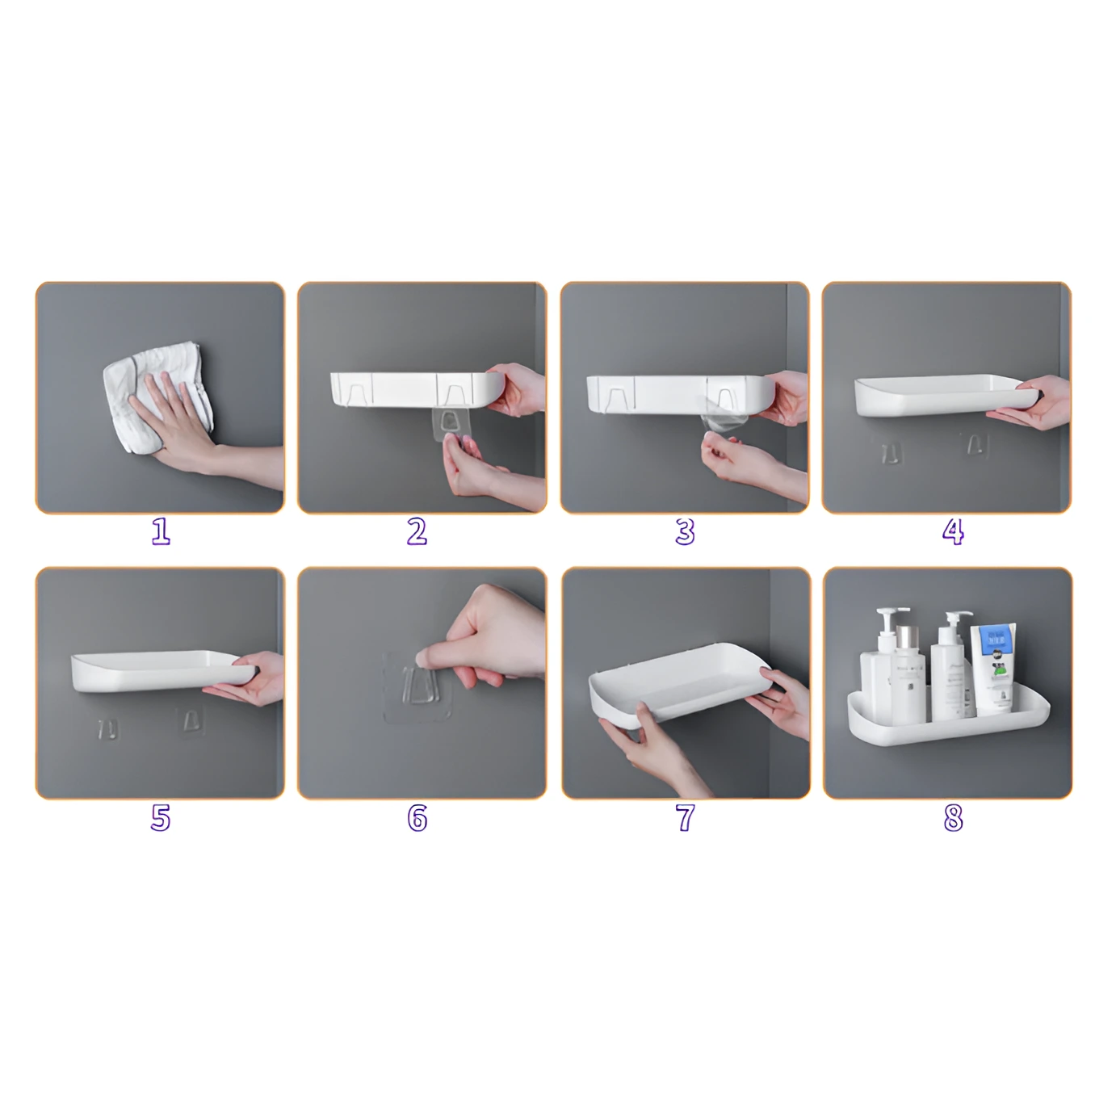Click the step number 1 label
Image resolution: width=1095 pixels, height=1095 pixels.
(161, 531)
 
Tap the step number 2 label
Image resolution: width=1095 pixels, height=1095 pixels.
(417, 531)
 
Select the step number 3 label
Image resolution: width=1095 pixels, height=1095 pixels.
(685, 531)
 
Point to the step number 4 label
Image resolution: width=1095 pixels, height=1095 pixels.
(953, 531)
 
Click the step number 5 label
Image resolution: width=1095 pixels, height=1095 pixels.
(161, 817)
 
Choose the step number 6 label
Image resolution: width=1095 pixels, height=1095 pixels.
(417, 817)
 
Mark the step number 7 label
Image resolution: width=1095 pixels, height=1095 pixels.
(685, 817)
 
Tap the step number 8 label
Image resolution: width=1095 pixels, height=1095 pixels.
(953, 817)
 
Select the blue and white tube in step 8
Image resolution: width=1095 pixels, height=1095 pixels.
(992, 666)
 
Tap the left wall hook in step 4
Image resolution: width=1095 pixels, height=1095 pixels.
(891, 452)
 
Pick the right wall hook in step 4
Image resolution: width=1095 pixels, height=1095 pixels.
(975, 444)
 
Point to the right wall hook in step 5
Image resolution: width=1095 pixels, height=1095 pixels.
(191, 720)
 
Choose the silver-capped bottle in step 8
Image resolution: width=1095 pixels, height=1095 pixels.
(909, 674)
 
